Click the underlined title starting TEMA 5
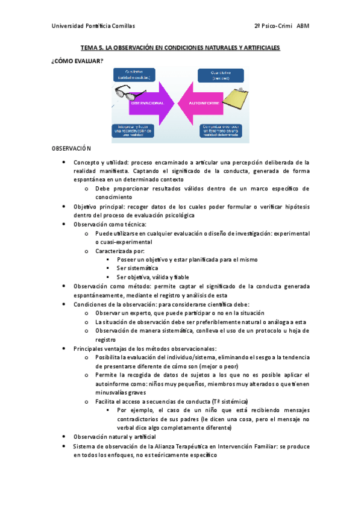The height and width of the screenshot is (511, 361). (181, 48)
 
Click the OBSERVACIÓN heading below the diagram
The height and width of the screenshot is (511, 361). (71, 148)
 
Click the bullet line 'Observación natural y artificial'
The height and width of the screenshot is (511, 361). (114, 436)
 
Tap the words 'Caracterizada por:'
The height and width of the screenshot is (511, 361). (119, 250)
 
